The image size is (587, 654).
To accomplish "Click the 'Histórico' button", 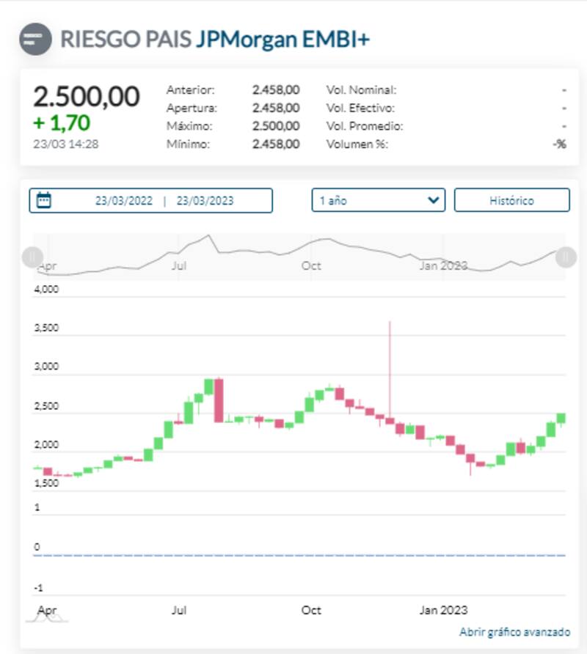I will tap(511, 200).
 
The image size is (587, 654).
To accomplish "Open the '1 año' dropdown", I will tap(378, 200).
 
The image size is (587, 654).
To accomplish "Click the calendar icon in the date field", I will tap(44, 200).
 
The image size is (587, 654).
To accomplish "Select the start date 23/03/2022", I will tap(124, 201).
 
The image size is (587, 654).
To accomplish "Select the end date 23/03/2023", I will tap(205, 201).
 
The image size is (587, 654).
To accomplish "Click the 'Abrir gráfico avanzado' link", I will tap(514, 632).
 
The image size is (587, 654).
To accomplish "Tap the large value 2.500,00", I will tap(87, 97).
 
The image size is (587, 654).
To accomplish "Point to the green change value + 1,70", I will tap(61, 122).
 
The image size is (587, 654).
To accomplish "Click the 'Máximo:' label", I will tap(188, 126).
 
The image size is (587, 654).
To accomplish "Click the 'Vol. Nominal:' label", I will tap(361, 90).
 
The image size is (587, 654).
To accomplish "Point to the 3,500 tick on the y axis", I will tap(46, 328).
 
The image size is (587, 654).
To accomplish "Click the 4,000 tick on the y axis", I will tap(46, 289).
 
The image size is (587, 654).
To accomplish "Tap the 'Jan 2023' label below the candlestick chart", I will tap(443, 610).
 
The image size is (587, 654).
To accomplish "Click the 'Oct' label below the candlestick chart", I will tap(312, 610).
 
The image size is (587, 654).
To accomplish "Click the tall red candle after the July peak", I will tap(219, 400).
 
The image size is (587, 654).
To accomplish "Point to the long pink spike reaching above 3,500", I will tap(390, 367).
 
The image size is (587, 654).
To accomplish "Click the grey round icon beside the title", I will tap(36, 39).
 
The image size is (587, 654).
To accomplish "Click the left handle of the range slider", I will tap(32, 257).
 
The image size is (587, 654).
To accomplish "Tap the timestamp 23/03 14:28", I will tap(66, 144).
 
